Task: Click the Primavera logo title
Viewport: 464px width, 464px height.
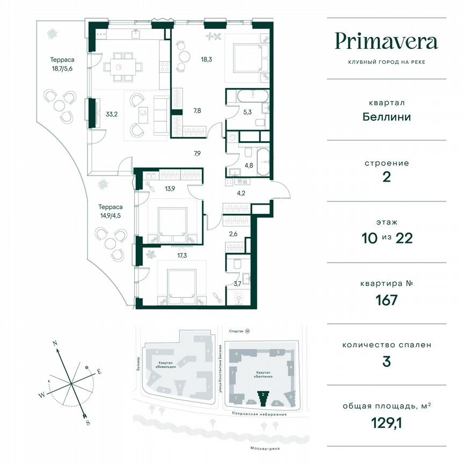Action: pyautogui.click(x=387, y=41)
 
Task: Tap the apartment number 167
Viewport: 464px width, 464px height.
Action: pyautogui.click(x=387, y=300)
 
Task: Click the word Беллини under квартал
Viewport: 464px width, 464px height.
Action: pyautogui.click(x=387, y=117)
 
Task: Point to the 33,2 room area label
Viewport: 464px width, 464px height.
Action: pyautogui.click(x=112, y=113)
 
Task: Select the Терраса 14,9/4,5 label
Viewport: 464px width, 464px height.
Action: pyautogui.click(x=111, y=210)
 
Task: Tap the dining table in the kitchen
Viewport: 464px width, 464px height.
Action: pyautogui.click(x=123, y=67)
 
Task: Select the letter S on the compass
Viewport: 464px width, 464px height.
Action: pyautogui.click(x=88, y=423)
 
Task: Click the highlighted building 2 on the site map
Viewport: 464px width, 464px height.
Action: pyautogui.click(x=263, y=398)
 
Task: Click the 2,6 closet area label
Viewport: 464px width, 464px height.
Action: pyautogui.click(x=233, y=234)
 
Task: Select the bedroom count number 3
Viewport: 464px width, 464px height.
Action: pyautogui.click(x=387, y=361)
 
